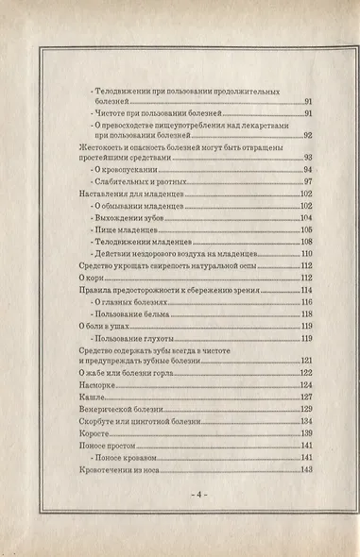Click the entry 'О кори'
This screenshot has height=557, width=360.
[91, 278]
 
